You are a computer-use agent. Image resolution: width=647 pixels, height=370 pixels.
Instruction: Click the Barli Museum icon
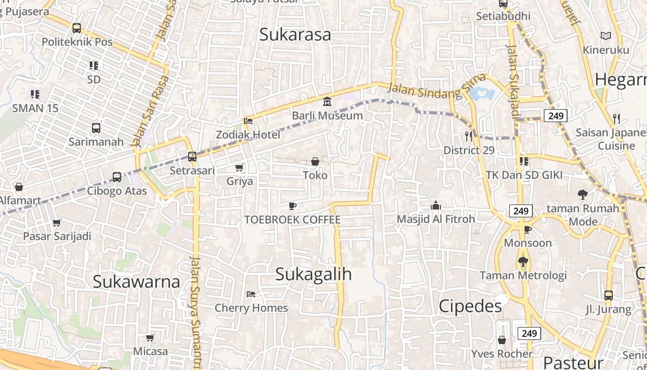tap(327, 101)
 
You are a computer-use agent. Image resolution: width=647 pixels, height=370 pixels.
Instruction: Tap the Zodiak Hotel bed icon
tap(248, 121)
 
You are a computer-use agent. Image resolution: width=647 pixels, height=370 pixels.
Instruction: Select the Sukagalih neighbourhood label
tap(313, 274)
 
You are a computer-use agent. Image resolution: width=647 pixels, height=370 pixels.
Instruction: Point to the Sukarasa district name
tap(295, 34)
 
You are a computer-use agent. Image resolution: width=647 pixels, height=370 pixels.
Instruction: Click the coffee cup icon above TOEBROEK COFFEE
tap(292, 206)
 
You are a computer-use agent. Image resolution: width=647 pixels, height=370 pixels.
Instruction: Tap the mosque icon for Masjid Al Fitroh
tap(435, 205)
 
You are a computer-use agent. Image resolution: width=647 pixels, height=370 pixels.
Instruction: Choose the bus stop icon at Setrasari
tap(192, 157)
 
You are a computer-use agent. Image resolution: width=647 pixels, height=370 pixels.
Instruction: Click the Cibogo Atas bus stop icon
tap(117, 177)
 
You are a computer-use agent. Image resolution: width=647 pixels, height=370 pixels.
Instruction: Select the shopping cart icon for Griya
tap(239, 167)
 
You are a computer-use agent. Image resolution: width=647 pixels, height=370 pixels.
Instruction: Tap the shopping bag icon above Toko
tap(315, 161)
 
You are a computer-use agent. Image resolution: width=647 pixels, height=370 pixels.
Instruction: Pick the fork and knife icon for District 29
tap(469, 136)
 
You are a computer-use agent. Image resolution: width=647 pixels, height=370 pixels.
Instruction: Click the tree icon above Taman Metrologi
tap(523, 262)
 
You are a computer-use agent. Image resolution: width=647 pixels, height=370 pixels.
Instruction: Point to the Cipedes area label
tap(470, 306)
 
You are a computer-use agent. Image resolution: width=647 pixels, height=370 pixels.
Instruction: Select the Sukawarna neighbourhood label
tap(136, 281)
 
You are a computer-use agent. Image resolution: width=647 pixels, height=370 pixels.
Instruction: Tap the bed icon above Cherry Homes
tap(251, 294)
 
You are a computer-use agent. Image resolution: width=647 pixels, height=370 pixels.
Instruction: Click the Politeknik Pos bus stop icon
tap(77, 28)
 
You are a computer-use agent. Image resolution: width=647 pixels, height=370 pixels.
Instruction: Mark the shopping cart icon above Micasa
tap(150, 338)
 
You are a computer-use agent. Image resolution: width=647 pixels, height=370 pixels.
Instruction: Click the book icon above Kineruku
tap(605, 36)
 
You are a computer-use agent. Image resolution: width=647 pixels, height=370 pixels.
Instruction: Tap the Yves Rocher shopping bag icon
tap(502, 340)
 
